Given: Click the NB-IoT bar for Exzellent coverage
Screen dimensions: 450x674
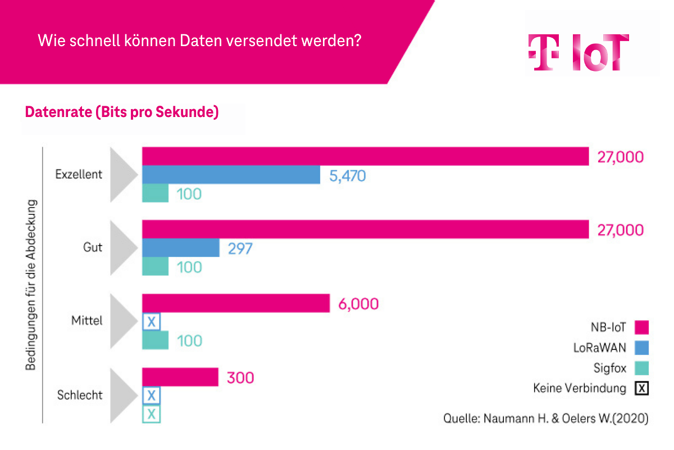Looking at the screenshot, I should click(365, 156).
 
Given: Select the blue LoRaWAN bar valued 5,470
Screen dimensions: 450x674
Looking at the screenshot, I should click(231, 175).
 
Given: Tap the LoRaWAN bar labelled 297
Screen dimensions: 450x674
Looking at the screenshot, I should click(180, 248).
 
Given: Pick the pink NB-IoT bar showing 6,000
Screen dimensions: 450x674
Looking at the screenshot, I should click(235, 303).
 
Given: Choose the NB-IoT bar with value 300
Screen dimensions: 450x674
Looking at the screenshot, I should click(180, 377).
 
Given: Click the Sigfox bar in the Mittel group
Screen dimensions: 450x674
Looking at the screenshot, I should click(155, 340).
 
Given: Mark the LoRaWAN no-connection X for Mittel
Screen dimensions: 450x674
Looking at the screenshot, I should click(151, 322).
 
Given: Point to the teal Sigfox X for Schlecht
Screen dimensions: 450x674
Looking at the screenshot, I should click(151, 415).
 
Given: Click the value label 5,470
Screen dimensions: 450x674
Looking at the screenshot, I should click(347, 176).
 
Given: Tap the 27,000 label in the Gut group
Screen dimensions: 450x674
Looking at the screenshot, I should click(620, 230).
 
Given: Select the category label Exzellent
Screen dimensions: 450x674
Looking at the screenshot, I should click(79, 174).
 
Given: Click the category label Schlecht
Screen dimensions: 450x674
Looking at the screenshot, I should click(80, 395).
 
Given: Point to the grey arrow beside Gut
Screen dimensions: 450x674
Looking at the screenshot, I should click(123, 247).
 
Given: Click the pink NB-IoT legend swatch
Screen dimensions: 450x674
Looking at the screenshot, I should click(641, 327).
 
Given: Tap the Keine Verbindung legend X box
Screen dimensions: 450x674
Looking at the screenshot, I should click(642, 388).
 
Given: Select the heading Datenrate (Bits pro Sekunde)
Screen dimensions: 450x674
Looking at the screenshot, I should click(122, 112).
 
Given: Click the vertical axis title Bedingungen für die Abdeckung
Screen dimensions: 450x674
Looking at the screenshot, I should click(30, 284).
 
